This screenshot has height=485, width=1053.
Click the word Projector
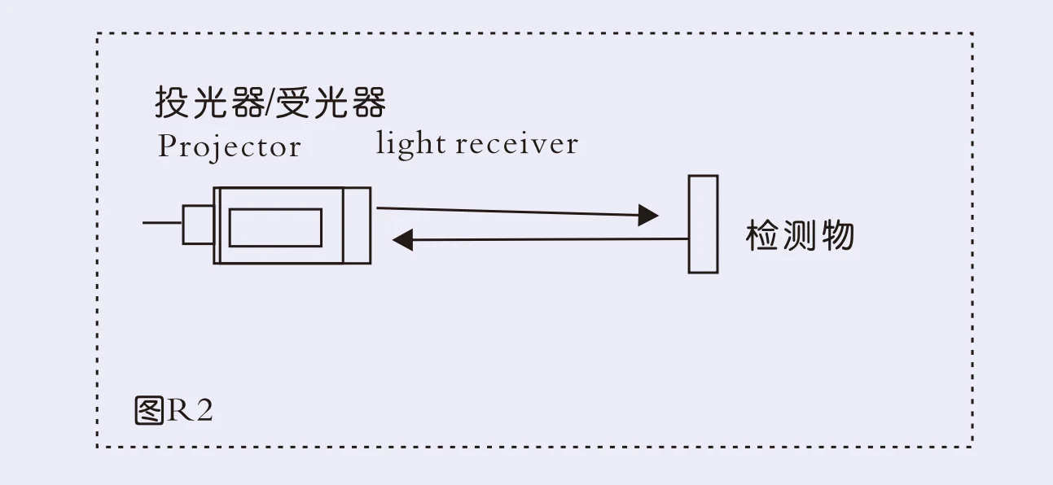(229, 146)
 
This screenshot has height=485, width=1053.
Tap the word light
(410, 144)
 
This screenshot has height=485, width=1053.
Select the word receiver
(516, 144)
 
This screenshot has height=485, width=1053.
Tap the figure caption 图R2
(173, 411)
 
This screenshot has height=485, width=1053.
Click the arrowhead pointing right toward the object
(648, 215)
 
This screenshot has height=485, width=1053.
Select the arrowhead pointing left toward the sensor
(403, 239)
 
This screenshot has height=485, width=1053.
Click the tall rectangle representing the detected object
(703, 224)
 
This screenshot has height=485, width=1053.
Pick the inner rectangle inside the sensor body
(275, 227)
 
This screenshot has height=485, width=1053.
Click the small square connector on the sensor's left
(198, 224)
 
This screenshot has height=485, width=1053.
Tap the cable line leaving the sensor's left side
(162, 222)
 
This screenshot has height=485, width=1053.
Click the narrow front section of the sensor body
(358, 225)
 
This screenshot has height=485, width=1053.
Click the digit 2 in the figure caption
(204, 411)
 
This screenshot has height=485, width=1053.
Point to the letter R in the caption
(179, 411)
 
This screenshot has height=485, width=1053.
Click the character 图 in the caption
(149, 411)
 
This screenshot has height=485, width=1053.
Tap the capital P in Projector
(167, 146)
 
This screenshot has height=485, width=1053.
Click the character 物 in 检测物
(837, 236)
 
